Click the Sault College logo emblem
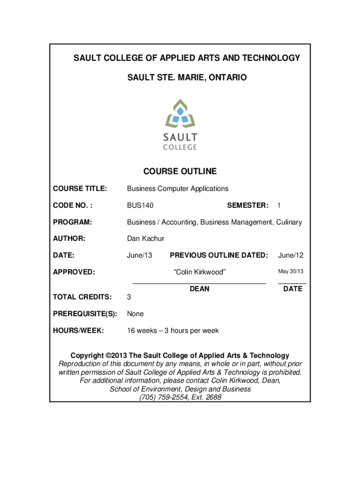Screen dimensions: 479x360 tap(180, 114)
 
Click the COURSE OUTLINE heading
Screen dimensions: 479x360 tap(180, 171)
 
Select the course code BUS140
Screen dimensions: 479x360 tap(140, 205)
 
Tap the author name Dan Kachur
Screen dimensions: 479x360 tap(146, 239)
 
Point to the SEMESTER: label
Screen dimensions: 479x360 tap(247, 205)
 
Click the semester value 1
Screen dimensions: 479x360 tap(279, 205)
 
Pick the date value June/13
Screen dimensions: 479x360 tap(140, 255)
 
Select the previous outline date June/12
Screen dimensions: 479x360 tap(291, 255)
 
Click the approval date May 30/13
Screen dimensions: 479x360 tap(291, 272)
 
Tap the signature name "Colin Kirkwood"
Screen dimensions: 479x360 tap(200, 272)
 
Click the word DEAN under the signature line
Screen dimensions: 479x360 tap(200, 289)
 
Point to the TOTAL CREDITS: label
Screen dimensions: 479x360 tap(82, 297)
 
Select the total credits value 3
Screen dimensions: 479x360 tap(130, 297)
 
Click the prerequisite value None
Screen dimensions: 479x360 tap(136, 314)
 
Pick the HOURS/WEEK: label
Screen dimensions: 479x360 tap(79, 331)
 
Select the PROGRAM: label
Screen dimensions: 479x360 tap(72, 222)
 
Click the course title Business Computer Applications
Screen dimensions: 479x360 tap(178, 189)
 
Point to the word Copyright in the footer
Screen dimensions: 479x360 tap(87, 356)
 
